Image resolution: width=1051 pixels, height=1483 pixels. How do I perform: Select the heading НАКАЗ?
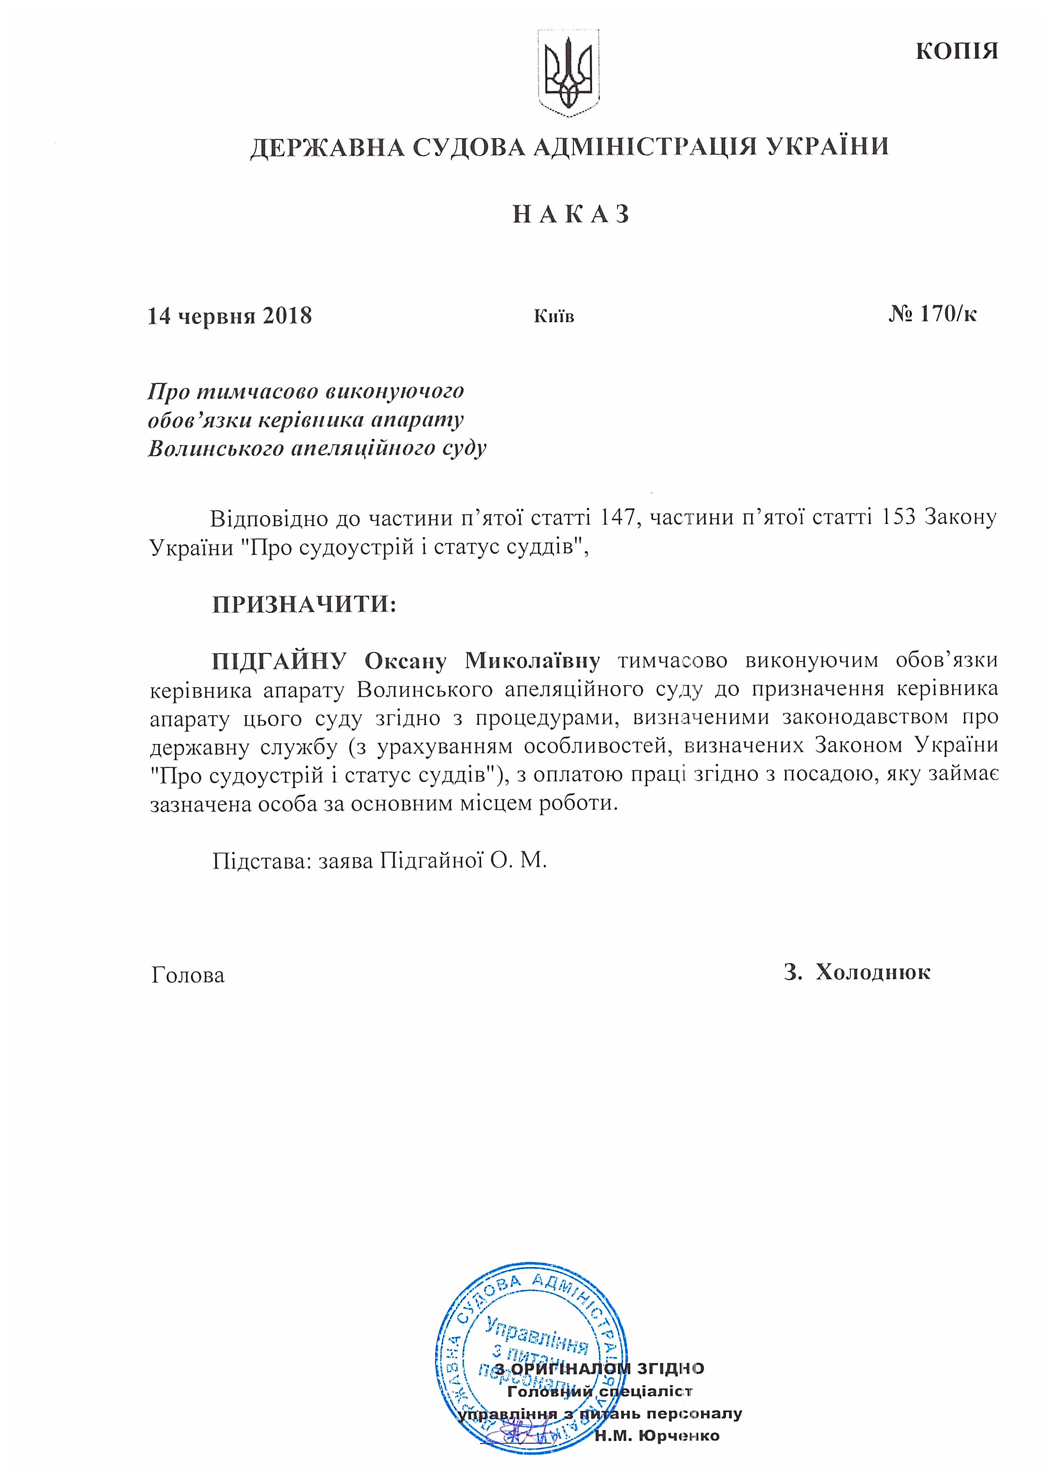click(571, 215)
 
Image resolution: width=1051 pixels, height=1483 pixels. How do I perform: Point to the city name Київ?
click(553, 316)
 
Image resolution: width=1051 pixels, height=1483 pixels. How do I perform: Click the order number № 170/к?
click(933, 314)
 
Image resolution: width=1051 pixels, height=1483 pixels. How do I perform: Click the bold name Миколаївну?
click(532, 661)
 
